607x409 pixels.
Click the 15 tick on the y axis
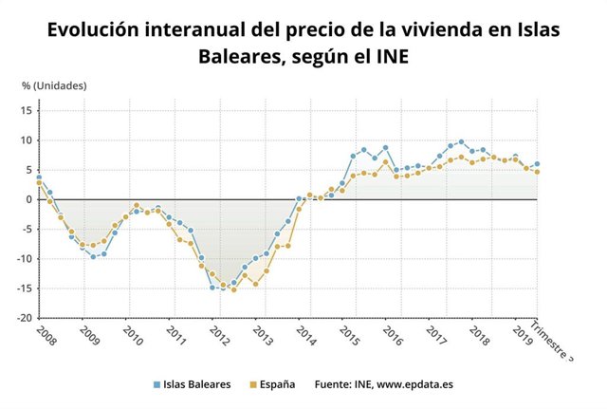point(27,110)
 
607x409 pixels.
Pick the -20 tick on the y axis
point(25,318)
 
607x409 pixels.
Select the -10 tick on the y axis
point(25,258)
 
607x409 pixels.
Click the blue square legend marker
point(156,385)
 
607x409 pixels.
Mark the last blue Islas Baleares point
point(537,164)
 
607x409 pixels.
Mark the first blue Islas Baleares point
point(38,177)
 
